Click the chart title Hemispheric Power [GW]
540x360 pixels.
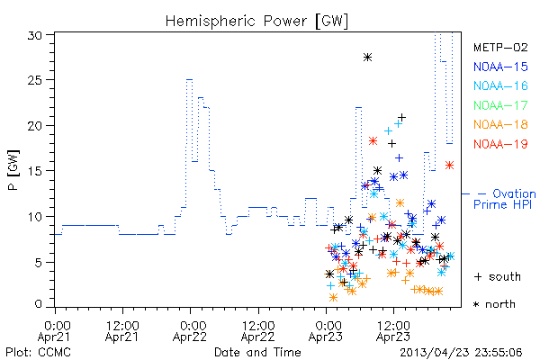[x=256, y=22]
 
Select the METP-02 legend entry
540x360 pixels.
[x=500, y=47]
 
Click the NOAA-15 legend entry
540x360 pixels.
[x=500, y=67]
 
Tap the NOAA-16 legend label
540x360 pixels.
[x=500, y=85]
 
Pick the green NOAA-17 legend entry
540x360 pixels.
[x=500, y=105]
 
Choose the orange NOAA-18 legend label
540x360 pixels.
[x=500, y=124]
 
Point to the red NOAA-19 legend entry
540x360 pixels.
[x=500, y=144]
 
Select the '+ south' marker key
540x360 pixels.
[x=498, y=276]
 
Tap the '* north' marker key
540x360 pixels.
[x=494, y=304]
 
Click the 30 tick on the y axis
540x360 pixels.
[x=34, y=35]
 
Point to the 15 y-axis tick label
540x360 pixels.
[x=34, y=171]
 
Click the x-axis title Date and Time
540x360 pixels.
[x=257, y=352]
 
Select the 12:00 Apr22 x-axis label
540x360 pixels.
[x=258, y=331]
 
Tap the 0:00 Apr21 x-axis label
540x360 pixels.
[x=54, y=331]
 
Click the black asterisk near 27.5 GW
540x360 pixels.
[x=367, y=58]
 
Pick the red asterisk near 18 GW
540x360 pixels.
[x=373, y=141]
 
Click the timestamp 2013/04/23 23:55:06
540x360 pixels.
[x=461, y=353]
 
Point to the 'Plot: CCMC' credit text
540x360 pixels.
[x=38, y=352]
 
